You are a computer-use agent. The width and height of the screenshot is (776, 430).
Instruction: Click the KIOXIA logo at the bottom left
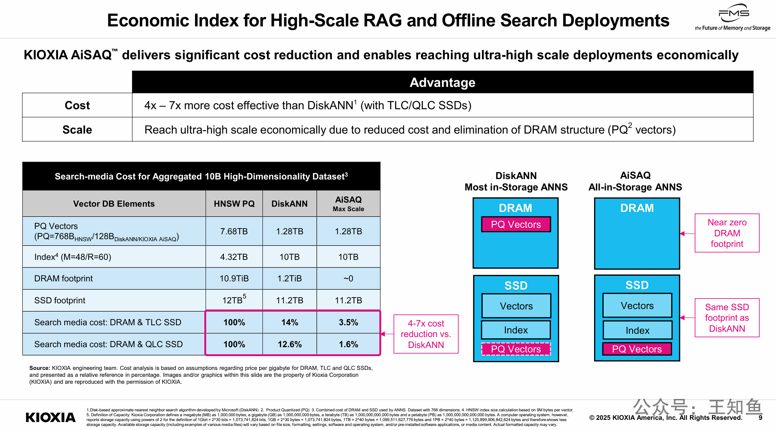[50, 417]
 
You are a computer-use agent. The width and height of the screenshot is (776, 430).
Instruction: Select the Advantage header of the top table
[442, 82]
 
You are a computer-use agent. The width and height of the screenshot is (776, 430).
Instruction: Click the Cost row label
[77, 106]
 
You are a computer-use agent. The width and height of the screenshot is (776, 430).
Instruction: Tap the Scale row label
[77, 130]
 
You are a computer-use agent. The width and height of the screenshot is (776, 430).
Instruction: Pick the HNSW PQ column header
[234, 204]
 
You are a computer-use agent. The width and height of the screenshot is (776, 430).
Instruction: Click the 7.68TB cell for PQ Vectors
[234, 231]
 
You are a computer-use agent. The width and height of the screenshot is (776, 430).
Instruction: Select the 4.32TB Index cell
[234, 257]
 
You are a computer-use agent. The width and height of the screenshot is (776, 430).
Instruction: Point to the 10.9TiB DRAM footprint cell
[234, 279]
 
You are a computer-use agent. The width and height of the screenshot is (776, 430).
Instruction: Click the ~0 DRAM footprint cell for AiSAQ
[348, 279]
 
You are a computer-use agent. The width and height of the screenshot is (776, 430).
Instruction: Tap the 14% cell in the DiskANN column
[290, 322]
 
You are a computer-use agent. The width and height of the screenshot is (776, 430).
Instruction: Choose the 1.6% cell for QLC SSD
[348, 344]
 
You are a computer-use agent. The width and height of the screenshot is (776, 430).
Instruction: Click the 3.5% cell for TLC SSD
[348, 322]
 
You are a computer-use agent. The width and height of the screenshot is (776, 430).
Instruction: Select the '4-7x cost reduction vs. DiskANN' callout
[426, 334]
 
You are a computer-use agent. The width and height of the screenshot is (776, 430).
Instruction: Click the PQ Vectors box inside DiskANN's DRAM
[516, 225]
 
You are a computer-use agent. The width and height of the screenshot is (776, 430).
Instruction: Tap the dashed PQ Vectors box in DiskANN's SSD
[516, 349]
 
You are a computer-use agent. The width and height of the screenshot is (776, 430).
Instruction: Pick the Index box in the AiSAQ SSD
[637, 331]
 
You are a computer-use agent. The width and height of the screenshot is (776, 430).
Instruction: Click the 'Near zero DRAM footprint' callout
[727, 233]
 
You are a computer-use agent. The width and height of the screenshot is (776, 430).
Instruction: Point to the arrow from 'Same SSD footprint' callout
[687, 318]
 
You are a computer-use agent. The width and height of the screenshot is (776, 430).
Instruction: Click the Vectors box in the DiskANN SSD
[516, 306]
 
